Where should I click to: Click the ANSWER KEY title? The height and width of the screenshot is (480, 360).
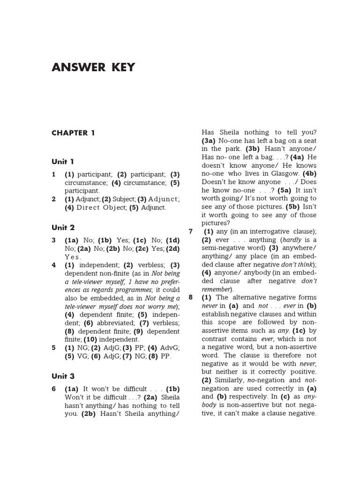click(93, 67)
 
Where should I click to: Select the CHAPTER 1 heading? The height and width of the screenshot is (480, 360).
click(73, 133)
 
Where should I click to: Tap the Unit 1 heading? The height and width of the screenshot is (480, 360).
click(63, 162)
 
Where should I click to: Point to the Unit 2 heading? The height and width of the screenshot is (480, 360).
click(63, 228)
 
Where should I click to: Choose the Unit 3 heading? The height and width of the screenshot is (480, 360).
click(63, 376)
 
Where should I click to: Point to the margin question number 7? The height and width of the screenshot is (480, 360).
click(191, 232)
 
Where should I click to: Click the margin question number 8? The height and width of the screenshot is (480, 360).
click(191, 298)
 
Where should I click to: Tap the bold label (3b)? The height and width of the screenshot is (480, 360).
click(256, 149)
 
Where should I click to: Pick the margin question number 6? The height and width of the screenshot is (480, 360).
click(54, 389)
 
